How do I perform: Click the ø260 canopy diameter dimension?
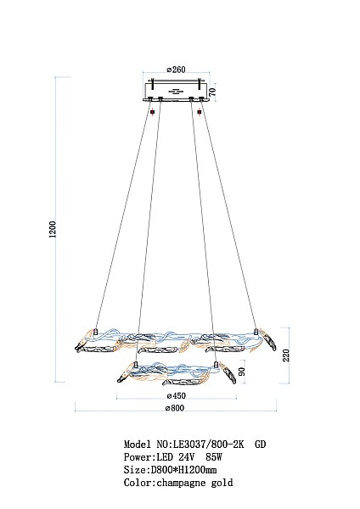(x=176, y=70)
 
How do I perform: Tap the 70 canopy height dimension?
(x=212, y=92)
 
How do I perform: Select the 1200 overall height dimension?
(x=53, y=229)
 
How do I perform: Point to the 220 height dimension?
(x=286, y=355)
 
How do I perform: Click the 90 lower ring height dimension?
(x=242, y=372)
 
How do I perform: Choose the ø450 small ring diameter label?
(x=176, y=395)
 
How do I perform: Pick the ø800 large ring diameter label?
(x=175, y=408)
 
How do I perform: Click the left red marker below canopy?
(x=152, y=112)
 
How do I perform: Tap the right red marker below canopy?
(x=200, y=112)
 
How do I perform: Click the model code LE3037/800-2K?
(x=208, y=444)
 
